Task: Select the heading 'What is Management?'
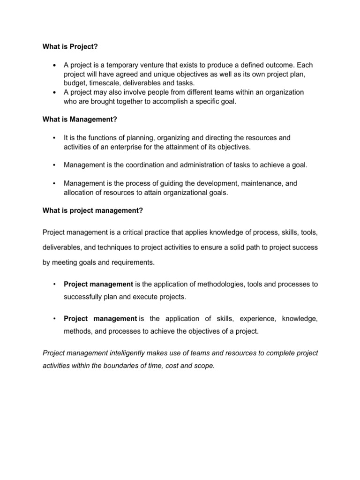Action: [x=79, y=120]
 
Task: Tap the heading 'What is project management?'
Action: [x=92, y=210]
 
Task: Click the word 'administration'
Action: [x=188, y=165]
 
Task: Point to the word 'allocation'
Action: [x=79, y=192]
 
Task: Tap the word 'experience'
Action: [x=257, y=319]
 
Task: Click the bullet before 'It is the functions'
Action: [x=55, y=138]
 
